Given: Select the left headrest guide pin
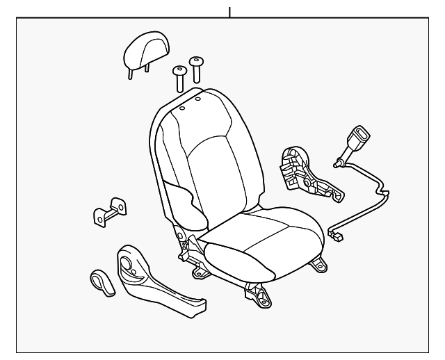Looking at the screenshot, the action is pyautogui.click(x=179, y=78).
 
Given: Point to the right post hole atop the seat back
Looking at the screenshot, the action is pyautogui.click(x=197, y=99).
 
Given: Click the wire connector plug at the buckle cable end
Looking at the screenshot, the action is pyautogui.click(x=338, y=236).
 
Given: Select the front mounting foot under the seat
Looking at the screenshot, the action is pyautogui.click(x=261, y=297).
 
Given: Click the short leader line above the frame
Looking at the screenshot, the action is pyautogui.click(x=229, y=10).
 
